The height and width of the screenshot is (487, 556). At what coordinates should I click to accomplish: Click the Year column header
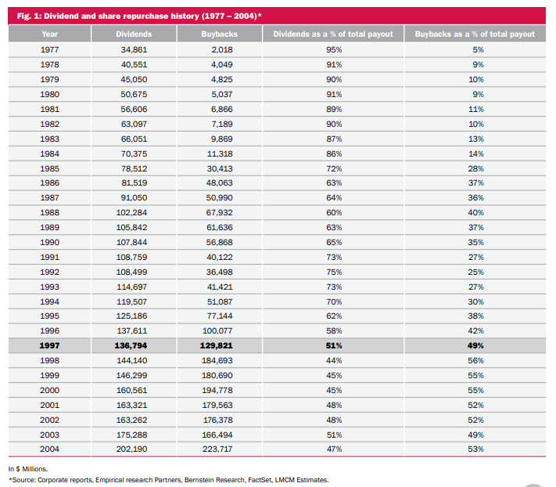49,34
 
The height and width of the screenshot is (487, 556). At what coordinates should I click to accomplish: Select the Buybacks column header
220,34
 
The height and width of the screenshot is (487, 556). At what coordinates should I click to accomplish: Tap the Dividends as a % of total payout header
333,34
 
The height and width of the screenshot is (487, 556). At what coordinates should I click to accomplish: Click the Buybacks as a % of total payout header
475,34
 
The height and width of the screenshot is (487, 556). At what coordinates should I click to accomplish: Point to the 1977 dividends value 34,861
134,49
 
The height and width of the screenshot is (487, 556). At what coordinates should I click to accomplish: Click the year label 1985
49,168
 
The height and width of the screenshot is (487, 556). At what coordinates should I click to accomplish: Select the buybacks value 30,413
220,168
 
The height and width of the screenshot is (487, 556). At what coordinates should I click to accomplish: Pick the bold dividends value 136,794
131,346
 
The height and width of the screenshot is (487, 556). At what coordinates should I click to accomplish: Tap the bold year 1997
49,346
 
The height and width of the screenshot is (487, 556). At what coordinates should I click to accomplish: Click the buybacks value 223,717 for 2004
217,449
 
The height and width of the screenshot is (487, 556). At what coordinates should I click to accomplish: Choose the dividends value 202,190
131,449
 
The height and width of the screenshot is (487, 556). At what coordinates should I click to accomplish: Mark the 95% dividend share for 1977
334,49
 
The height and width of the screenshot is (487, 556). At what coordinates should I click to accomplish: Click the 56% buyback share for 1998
475,361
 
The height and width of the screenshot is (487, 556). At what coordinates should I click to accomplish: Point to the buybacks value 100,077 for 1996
217,331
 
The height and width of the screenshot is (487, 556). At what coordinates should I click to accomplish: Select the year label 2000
49,391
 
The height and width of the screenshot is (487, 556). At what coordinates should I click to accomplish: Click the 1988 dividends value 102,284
131,213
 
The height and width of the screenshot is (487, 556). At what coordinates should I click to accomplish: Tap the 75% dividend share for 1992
334,272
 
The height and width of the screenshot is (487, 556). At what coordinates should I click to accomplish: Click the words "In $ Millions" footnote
27,469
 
